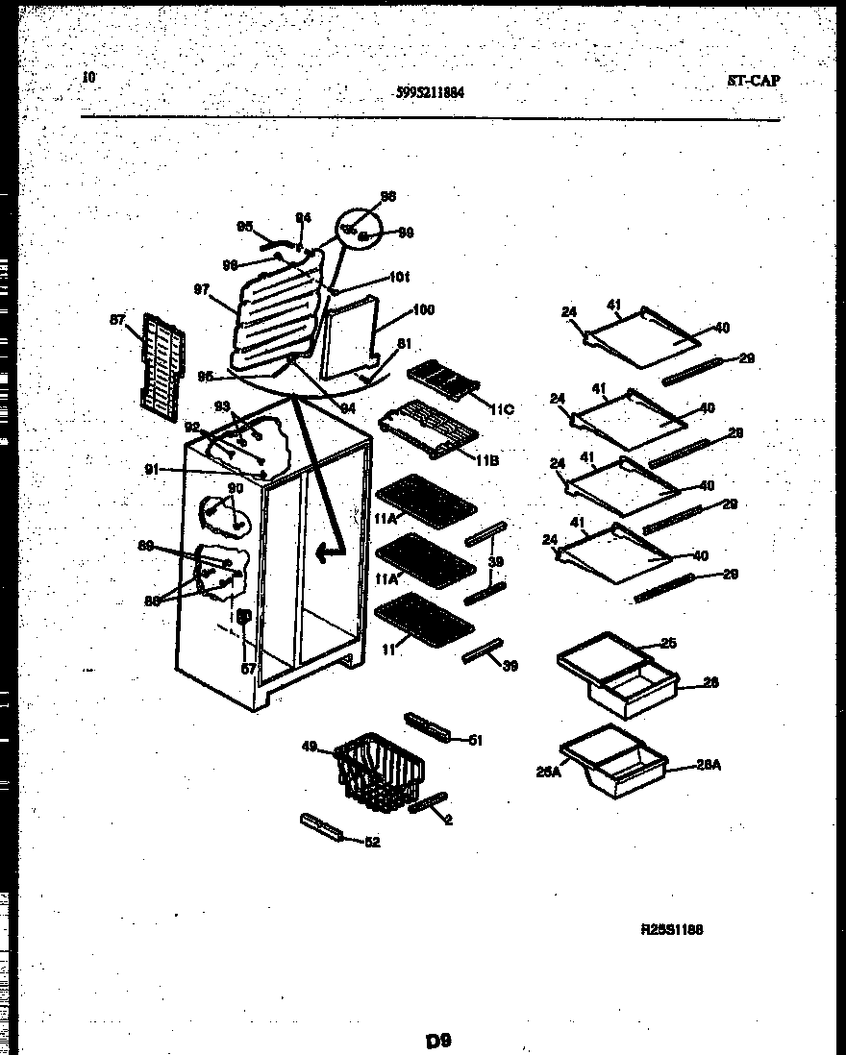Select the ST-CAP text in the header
click(x=753, y=81)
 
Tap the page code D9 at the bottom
click(x=438, y=1040)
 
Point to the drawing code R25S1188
click(x=672, y=930)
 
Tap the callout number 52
click(x=372, y=843)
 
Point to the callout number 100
click(x=423, y=310)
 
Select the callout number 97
click(x=201, y=289)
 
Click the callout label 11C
click(x=503, y=410)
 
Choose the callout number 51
click(x=474, y=739)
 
